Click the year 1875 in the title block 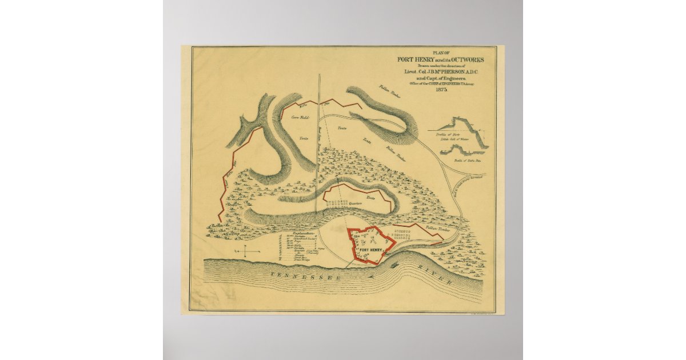tap(441, 90)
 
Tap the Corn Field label tap(300, 118)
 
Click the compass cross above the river tap(244, 251)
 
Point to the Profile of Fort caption tap(449, 135)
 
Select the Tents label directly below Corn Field tap(304, 139)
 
